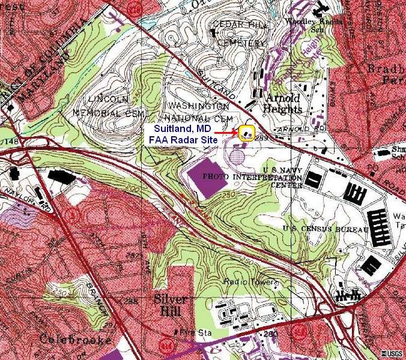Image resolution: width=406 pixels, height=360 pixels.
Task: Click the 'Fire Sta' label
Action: tap(193, 331)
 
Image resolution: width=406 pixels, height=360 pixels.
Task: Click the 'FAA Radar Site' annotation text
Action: tap(183, 142)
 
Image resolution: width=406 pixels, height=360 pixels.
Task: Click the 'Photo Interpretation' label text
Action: tap(252, 178)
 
